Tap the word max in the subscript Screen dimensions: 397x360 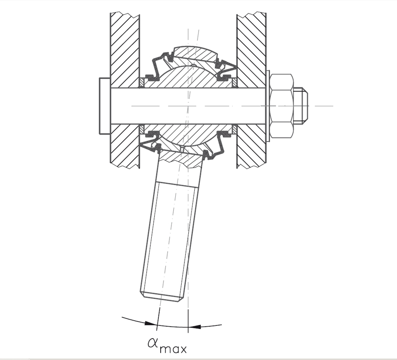click(x=173, y=349)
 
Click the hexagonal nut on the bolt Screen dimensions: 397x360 click(x=281, y=106)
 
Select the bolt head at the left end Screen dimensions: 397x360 click(x=105, y=106)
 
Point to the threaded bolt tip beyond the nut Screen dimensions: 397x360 click(x=300, y=106)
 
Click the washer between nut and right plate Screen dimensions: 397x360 click(x=268, y=106)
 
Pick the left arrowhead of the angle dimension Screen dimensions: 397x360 click(x=150, y=323)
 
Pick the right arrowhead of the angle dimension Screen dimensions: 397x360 click(x=195, y=326)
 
